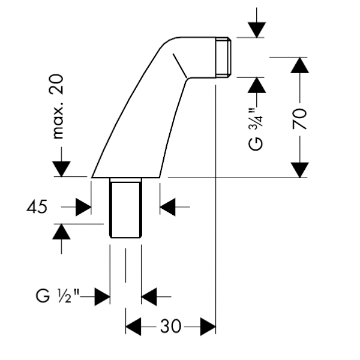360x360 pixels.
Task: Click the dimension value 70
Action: point(299,118)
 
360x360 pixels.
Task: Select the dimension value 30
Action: point(170,326)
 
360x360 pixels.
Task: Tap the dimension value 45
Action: point(37,206)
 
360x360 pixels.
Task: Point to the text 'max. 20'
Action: point(56,107)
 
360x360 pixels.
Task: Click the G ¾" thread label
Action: point(256,130)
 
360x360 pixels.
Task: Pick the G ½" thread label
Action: point(58,296)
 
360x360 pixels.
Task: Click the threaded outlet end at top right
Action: point(223,58)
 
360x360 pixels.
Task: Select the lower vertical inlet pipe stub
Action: point(125,208)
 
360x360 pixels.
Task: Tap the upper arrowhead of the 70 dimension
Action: point(299,65)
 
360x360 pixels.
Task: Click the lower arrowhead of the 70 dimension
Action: point(299,170)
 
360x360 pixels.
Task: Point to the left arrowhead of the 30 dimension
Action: point(133,326)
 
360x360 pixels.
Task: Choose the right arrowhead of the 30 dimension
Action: point(208,326)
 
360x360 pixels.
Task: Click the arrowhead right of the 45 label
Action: point(83,207)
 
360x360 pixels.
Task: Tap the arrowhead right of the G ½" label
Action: point(103,296)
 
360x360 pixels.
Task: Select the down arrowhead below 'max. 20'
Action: point(61,169)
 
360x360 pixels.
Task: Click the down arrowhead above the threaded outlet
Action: point(257,30)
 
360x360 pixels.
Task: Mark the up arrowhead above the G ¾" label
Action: point(257,85)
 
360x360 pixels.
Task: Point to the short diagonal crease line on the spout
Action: point(180,65)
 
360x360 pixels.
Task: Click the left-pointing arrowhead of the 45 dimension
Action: point(167,207)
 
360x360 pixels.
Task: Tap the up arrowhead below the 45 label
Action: point(61,232)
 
